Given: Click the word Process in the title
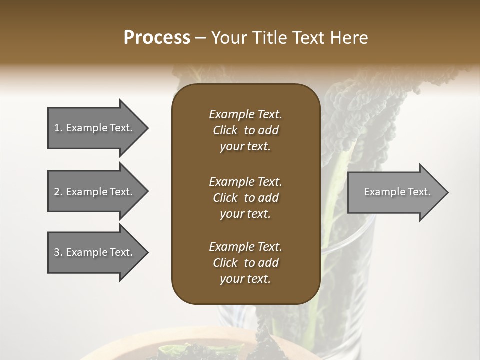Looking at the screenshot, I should (157, 38).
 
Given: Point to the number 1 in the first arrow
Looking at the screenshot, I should (57, 128).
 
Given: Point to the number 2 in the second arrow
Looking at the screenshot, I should (57, 192).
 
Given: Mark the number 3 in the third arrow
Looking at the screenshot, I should (57, 252).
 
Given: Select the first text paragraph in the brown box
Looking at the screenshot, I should (245, 130).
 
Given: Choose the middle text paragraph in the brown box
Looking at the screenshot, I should (245, 197).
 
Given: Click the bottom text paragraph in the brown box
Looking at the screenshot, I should (245, 263).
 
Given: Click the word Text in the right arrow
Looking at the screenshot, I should (419, 192).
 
